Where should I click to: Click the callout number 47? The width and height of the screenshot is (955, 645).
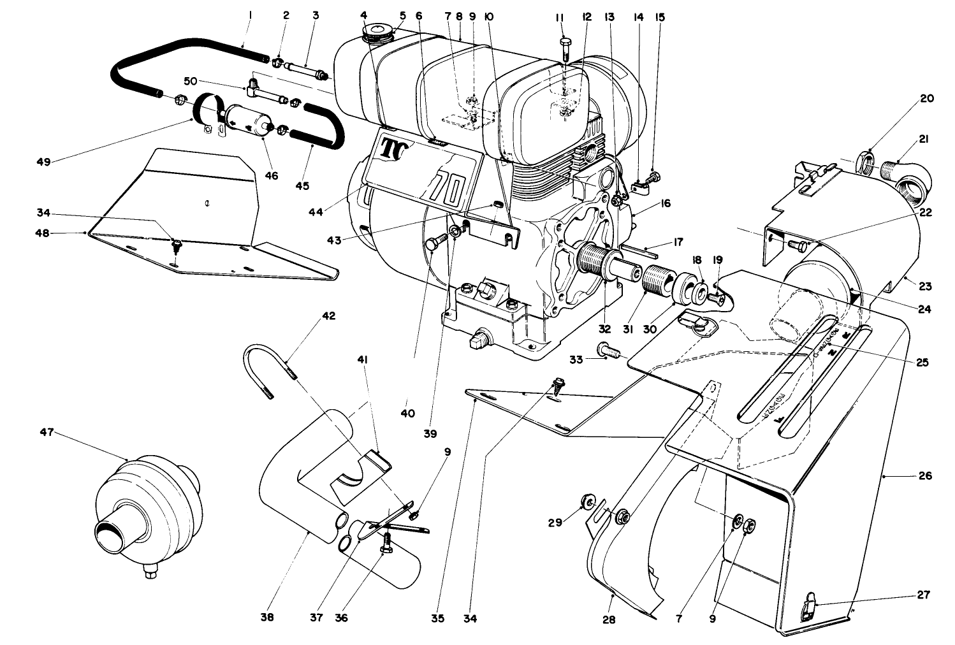point(47,432)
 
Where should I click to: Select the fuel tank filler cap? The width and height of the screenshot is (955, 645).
point(377,33)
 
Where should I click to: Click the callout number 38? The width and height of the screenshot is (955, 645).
point(267,618)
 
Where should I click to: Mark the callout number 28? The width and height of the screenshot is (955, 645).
point(609,618)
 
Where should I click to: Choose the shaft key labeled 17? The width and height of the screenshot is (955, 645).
point(638,250)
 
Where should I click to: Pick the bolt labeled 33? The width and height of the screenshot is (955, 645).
point(608,349)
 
